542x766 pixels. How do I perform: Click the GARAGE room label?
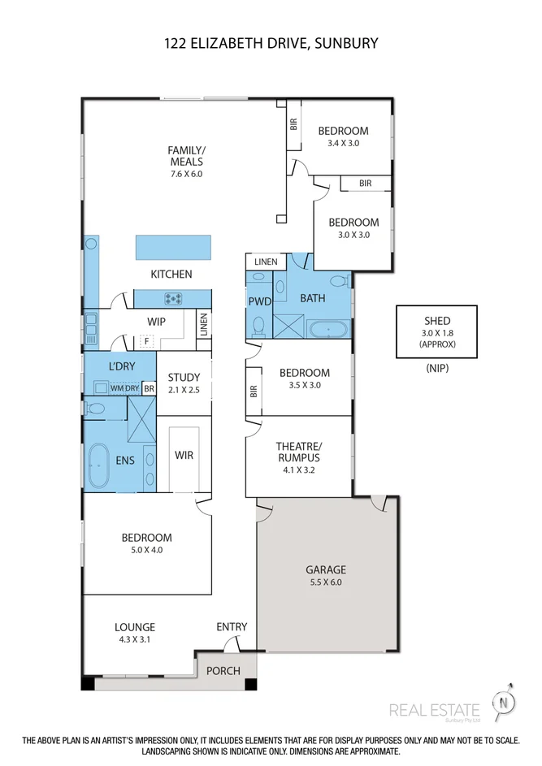pos(326,569)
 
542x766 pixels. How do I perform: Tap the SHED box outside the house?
pos(436,332)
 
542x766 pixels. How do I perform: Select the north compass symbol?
pos(504,703)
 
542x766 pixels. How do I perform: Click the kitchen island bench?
pos(174,247)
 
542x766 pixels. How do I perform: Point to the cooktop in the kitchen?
pos(173,298)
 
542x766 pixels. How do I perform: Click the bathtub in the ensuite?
pos(98,466)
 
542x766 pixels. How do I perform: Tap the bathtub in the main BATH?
pos(328,329)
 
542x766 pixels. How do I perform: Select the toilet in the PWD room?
pos(258,327)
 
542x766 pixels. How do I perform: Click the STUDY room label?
pos(184,378)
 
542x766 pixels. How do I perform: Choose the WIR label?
pos(184,456)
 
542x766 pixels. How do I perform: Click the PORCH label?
pos(223,671)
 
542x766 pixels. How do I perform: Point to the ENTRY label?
pos(232,627)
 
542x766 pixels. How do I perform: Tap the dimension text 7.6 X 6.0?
pos(186,174)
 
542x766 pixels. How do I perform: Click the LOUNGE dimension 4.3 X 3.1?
pos(134,639)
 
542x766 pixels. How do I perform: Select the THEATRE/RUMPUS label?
pos(298,452)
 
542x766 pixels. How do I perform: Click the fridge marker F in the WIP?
pos(146,341)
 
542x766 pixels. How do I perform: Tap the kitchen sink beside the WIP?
pos(91,328)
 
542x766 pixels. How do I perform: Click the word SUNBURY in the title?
pos(346,44)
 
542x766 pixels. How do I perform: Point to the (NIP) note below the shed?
pos(437,368)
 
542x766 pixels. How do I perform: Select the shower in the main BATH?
pos(288,326)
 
